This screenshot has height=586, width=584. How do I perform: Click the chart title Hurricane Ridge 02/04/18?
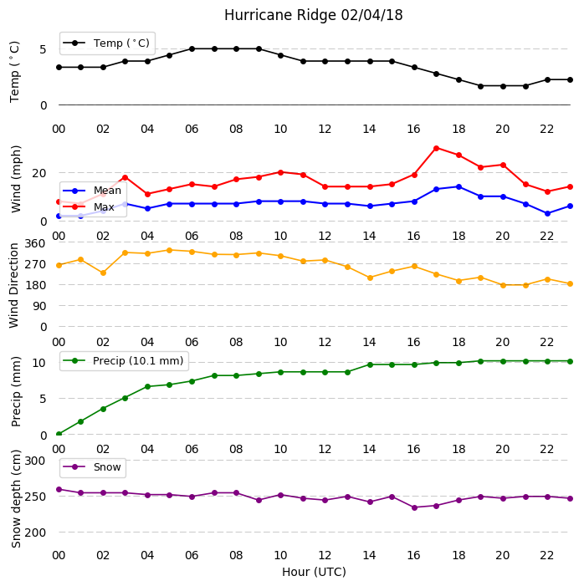(313, 15)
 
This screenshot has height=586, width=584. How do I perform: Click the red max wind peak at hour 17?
(436, 148)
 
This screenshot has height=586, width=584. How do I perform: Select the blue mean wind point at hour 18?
(458, 187)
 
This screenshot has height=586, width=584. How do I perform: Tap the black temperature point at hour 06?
(192, 49)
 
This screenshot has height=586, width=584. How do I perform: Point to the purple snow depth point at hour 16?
(414, 507)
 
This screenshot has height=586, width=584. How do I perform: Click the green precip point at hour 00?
(59, 434)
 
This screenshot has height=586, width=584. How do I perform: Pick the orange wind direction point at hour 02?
(103, 273)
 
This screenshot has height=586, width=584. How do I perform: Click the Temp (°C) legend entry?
(107, 43)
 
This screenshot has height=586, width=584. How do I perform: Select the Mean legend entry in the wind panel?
(92, 191)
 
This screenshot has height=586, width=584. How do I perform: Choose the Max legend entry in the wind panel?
(89, 206)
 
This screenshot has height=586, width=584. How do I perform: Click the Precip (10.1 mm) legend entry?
(124, 360)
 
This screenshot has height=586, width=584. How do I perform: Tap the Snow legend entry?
(92, 467)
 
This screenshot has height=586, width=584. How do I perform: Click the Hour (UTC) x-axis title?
(314, 572)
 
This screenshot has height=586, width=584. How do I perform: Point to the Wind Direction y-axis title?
(14, 286)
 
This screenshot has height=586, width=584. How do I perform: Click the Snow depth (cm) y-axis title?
(16, 499)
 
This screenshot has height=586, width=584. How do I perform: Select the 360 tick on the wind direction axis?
(35, 243)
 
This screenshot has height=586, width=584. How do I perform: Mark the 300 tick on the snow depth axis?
(35, 461)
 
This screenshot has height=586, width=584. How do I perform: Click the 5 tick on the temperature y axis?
(43, 49)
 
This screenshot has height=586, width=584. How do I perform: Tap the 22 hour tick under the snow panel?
(546, 555)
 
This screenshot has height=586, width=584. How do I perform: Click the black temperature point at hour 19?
(481, 86)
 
